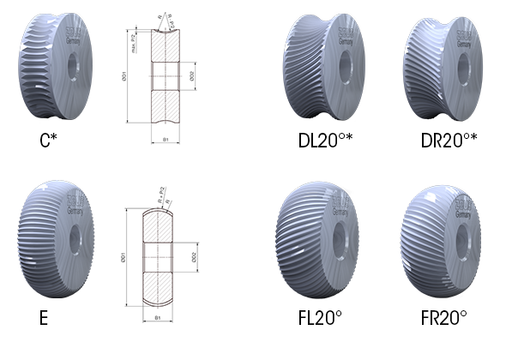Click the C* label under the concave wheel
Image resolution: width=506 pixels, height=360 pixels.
pos(48,140)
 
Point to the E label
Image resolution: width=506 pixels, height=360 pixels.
pos(43,317)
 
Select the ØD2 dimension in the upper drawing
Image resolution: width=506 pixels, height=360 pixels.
pos(193,76)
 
